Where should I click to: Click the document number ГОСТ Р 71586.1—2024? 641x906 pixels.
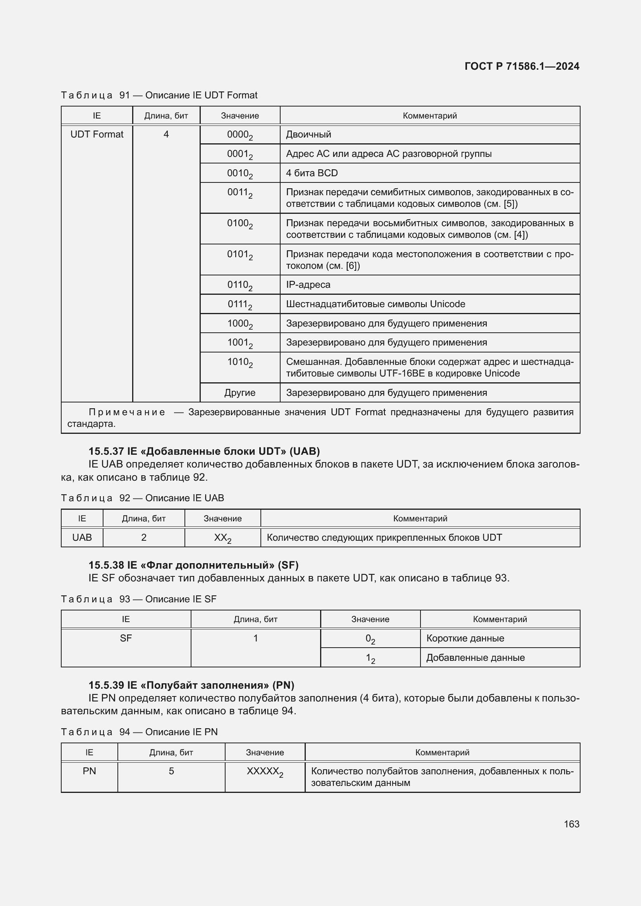521,66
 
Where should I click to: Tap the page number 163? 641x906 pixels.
571,824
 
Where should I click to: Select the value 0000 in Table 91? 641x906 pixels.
239,135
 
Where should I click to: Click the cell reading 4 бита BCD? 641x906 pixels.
312,173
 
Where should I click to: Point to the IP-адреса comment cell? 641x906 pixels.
308,285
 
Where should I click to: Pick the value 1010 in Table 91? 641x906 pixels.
239,362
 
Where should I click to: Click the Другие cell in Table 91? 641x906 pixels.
240,393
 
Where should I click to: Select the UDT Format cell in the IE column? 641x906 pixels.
97,134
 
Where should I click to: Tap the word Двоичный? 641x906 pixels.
308,134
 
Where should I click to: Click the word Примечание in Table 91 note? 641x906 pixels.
127,413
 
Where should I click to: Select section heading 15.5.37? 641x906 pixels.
106,451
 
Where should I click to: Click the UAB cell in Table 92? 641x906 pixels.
82,538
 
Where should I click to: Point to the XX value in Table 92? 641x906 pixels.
222,538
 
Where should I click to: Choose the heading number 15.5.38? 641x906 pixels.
106,565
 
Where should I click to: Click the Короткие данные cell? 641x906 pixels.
465,638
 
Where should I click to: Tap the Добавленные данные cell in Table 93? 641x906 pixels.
475,658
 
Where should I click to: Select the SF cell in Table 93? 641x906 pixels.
126,638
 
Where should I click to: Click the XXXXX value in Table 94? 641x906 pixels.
264,772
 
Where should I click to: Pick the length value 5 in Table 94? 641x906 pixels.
171,771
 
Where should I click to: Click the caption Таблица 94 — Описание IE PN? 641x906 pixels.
139,732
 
